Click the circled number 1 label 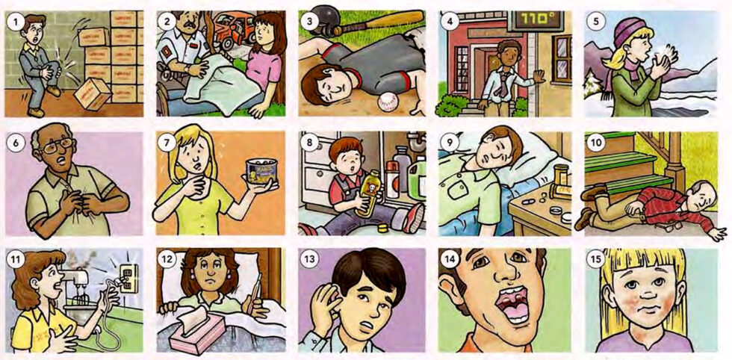click(x=13, y=20)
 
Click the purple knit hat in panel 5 click(x=632, y=31)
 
